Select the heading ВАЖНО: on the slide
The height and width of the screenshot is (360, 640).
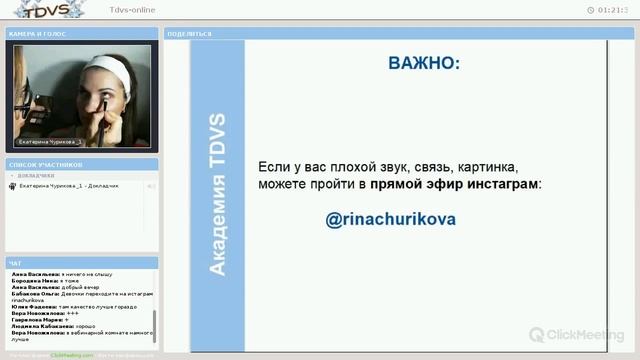click(425, 64)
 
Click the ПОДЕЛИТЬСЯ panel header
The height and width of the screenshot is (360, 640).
click(190, 33)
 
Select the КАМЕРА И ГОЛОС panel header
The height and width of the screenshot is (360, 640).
click(36, 33)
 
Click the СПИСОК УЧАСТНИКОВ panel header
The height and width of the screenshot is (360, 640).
click(44, 163)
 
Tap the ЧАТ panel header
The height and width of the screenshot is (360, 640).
click(15, 263)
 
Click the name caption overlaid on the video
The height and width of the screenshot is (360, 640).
click(50, 142)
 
